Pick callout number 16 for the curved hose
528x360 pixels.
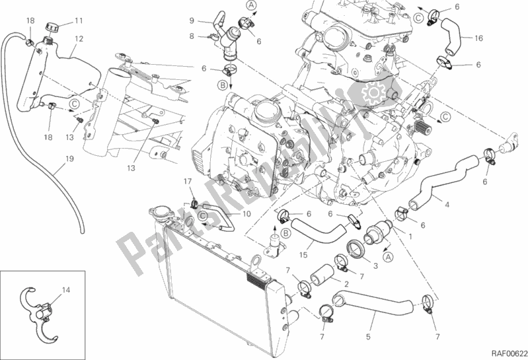[478, 38]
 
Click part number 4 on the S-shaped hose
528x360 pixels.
[447, 205]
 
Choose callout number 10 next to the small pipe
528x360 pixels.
[245, 214]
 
